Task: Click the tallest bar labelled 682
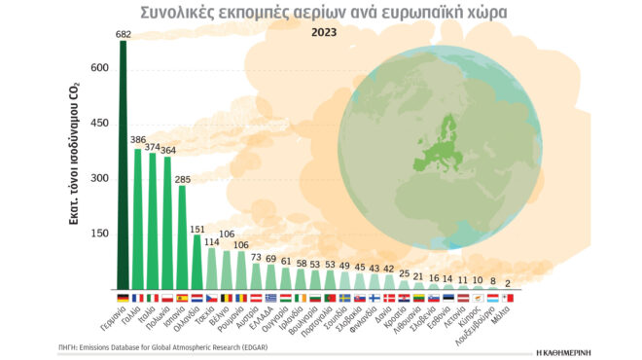coord(123,175)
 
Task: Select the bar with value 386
coord(137,219)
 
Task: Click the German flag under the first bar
coord(123,298)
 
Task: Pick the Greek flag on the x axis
coord(270,298)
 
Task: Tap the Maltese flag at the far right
coord(507,298)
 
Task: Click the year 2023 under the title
coord(325,32)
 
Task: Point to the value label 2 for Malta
coord(508,281)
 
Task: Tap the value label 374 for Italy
coord(153,146)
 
